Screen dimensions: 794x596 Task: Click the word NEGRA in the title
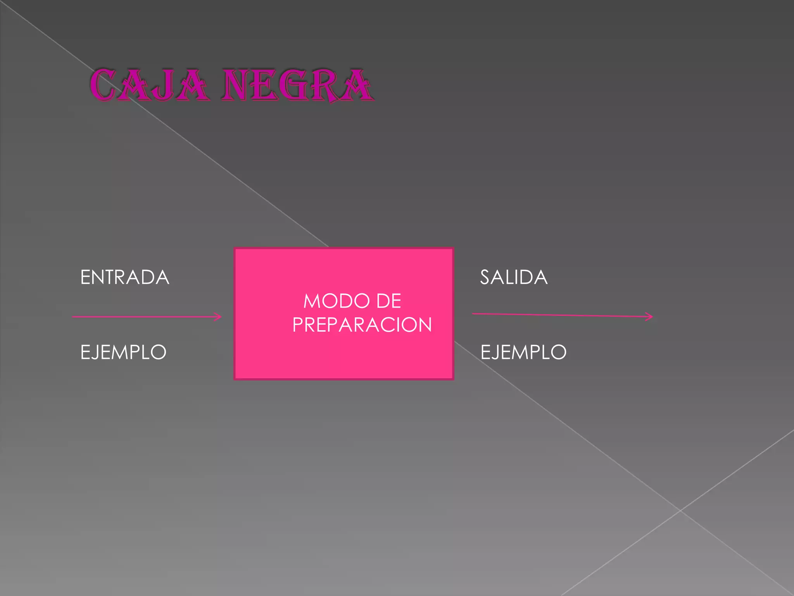297,85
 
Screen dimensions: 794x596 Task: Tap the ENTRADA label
124,277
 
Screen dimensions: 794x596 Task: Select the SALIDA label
514,277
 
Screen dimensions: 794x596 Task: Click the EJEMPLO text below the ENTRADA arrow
123,352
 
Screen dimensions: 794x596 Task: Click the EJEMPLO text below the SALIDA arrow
523,352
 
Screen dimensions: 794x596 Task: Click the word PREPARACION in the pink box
362,325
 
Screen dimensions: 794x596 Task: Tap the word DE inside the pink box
388,301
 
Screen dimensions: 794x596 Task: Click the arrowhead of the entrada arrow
218,317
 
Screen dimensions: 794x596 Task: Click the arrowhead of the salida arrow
649,317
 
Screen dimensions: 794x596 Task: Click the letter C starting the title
103,85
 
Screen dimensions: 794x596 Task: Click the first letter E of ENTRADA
85,277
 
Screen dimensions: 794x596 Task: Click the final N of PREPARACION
423,325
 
